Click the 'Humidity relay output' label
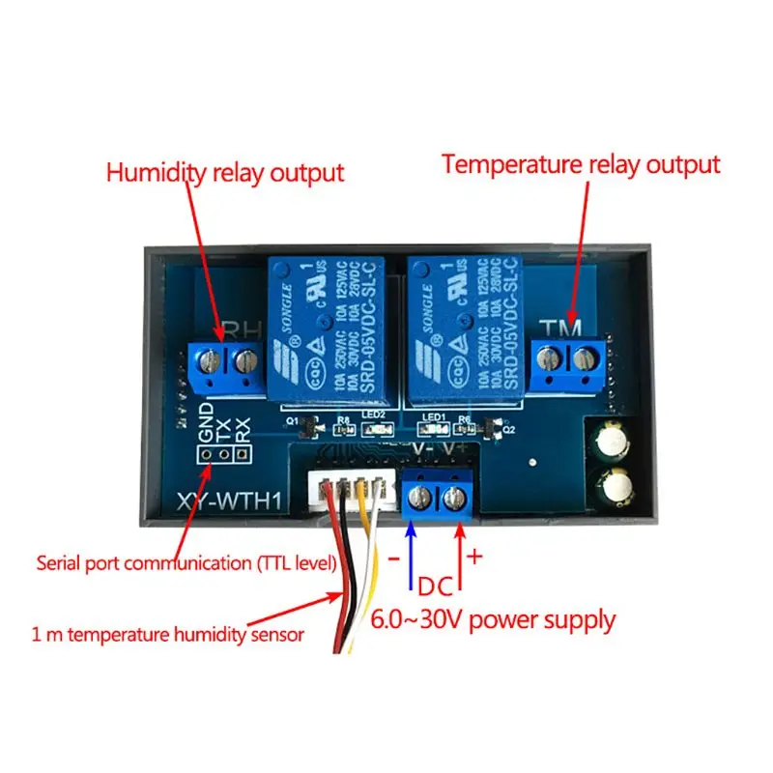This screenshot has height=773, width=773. click(224, 173)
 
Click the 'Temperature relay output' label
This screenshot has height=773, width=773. click(581, 164)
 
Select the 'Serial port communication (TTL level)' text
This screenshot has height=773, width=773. click(186, 561)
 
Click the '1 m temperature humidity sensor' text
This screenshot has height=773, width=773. click(167, 634)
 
